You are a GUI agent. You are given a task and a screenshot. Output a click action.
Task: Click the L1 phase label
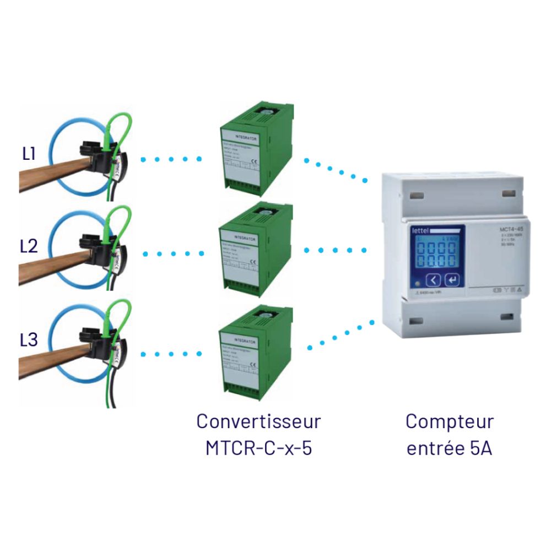[29, 154]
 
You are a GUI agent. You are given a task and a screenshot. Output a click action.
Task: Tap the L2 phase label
[29, 246]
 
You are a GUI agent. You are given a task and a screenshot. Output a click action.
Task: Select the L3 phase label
[29, 340]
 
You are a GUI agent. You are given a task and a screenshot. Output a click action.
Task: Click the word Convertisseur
[258, 422]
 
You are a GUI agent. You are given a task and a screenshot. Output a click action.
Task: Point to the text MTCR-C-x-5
[258, 447]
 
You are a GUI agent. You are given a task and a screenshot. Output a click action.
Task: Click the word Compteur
[450, 422]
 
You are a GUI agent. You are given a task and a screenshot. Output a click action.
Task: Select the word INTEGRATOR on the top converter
[246, 134]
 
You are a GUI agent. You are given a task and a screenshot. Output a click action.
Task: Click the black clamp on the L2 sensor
[95, 248]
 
